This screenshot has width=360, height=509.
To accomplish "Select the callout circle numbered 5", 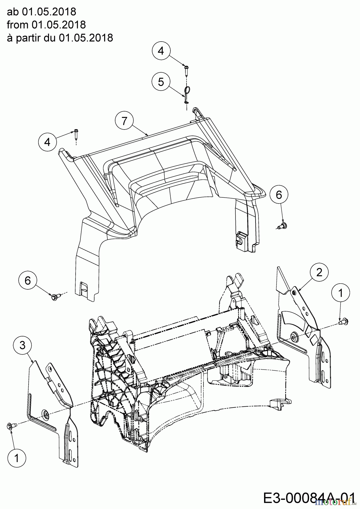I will (x=161, y=82).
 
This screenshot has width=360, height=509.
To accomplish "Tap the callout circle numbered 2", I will (x=319, y=272).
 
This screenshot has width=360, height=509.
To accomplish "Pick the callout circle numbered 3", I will (x=22, y=345).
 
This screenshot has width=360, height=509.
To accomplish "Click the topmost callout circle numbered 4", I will (x=161, y=51).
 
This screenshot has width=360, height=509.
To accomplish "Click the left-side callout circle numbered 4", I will (x=47, y=142).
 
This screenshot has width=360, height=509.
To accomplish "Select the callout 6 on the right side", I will (x=279, y=195).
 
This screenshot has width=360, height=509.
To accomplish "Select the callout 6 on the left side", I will (x=27, y=281).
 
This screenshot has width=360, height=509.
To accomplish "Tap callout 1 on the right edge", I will (x=340, y=293).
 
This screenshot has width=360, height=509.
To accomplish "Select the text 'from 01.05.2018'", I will (x=46, y=25).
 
